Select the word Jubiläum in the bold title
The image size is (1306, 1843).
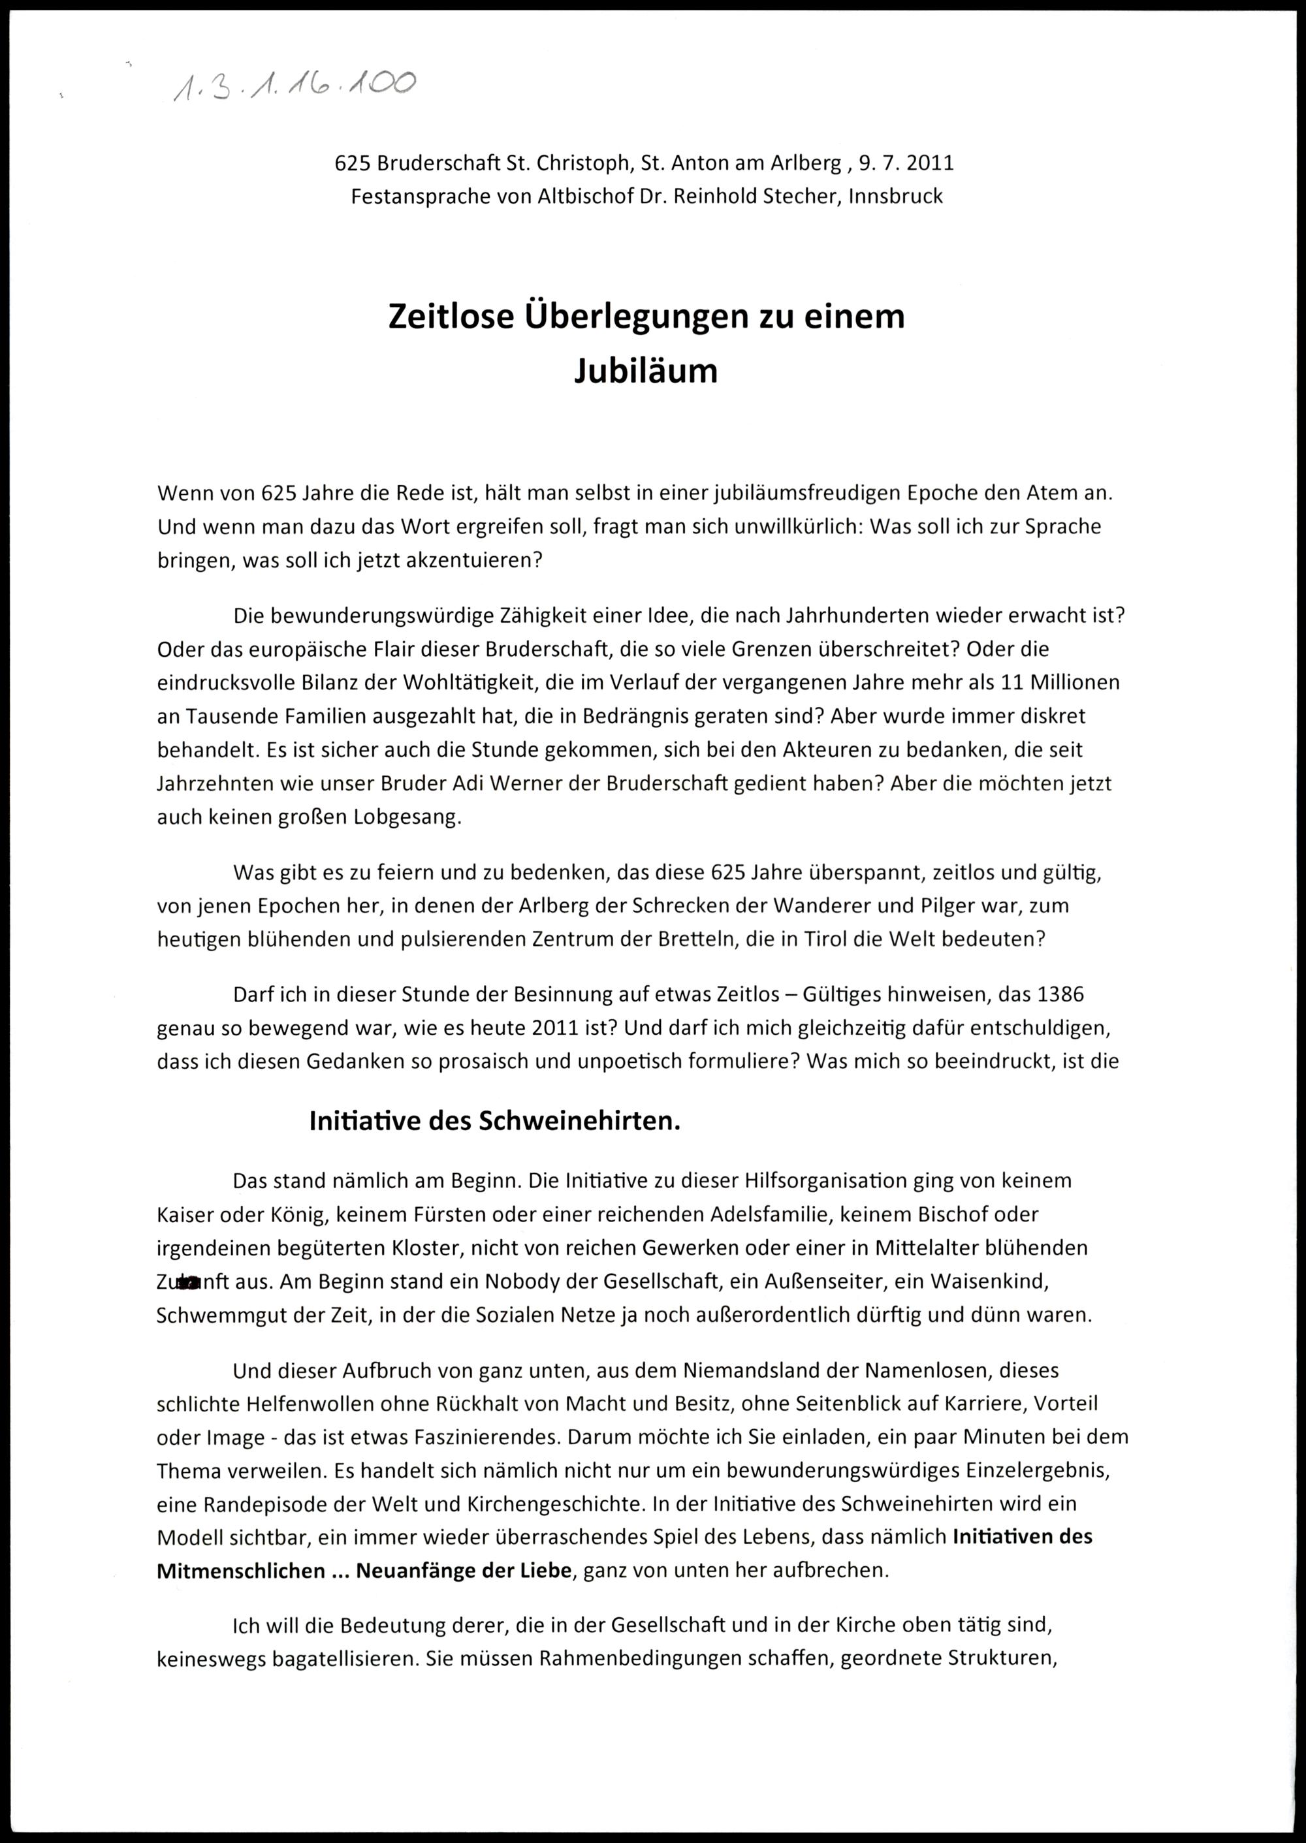pyautogui.click(x=646, y=371)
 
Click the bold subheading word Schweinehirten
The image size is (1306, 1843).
pyautogui.click(x=579, y=1121)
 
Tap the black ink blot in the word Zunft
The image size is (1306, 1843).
pyautogui.click(x=188, y=1284)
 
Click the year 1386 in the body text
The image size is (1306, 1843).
pyautogui.click(x=1060, y=995)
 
